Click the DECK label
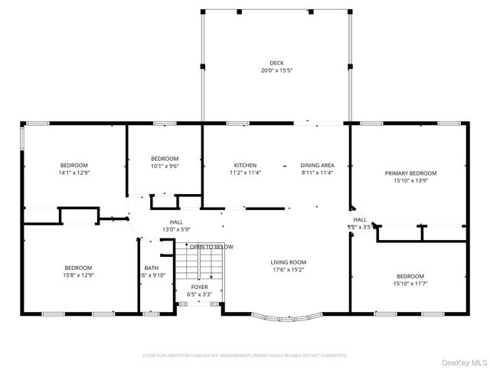click(x=276, y=63)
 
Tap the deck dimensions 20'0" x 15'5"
click(x=276, y=71)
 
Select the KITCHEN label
click(x=245, y=166)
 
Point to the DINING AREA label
click(x=317, y=166)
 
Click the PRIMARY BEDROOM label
click(x=410, y=173)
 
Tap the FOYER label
click(x=199, y=286)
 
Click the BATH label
click(x=151, y=268)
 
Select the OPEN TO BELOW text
click(x=212, y=247)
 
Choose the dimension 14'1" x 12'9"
click(x=74, y=173)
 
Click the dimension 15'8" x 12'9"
click(x=79, y=275)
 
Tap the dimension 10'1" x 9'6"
click(x=165, y=166)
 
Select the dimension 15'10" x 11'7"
click(x=410, y=284)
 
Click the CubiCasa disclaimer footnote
click(x=245, y=356)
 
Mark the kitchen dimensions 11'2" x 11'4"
click(x=245, y=173)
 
